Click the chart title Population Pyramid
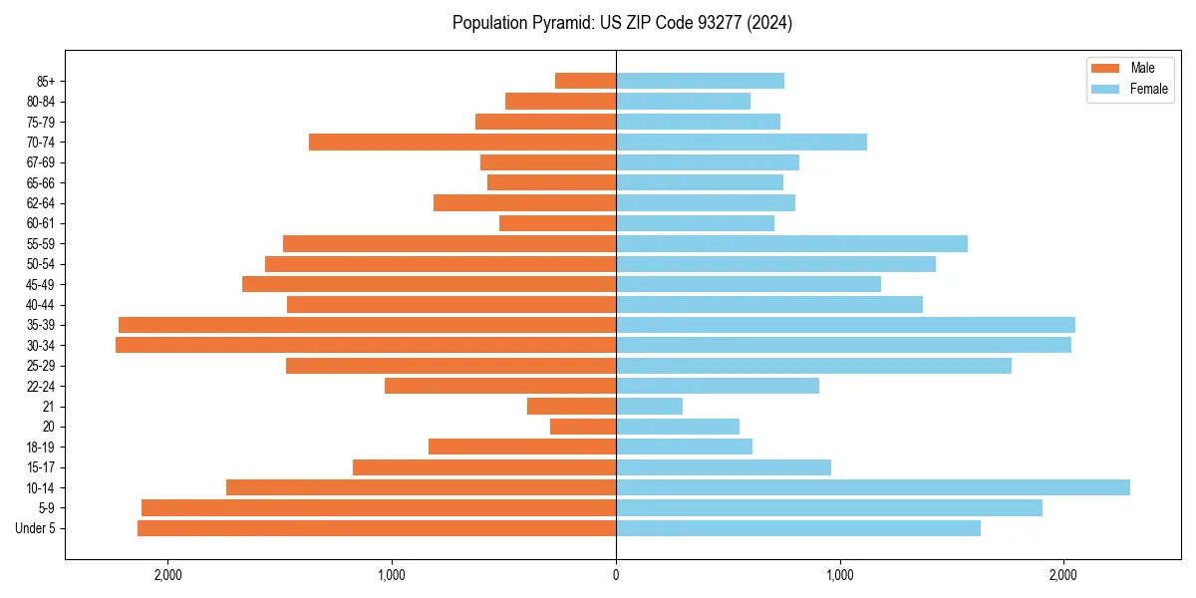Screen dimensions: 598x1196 pyautogui.click(x=622, y=23)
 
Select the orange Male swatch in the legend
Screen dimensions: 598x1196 pyautogui.click(x=1105, y=68)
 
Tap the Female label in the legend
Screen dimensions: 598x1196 pyautogui.click(x=1148, y=89)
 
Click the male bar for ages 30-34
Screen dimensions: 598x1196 pyautogui.click(x=366, y=345)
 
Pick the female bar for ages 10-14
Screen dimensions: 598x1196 pyautogui.click(x=873, y=487)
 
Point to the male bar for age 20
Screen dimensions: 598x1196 pyautogui.click(x=583, y=427)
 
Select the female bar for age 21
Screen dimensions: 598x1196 pyautogui.click(x=650, y=406)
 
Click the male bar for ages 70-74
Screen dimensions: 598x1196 pyautogui.click(x=462, y=142)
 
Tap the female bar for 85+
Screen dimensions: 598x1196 pyautogui.click(x=701, y=81)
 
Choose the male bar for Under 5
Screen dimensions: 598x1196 pyautogui.click(x=377, y=528)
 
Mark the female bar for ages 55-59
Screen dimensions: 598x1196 pyautogui.click(x=792, y=243)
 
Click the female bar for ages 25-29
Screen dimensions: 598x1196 pyautogui.click(x=814, y=366)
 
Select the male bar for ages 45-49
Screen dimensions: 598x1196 pyautogui.click(x=429, y=284)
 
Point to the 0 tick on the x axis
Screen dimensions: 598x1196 pyautogui.click(x=616, y=574)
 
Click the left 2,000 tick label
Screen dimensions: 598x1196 pyautogui.click(x=166, y=574)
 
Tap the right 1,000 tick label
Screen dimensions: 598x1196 pyautogui.click(x=840, y=574)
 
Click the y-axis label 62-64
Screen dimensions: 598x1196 pyautogui.click(x=40, y=203)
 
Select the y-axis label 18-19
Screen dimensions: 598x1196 pyautogui.click(x=40, y=447)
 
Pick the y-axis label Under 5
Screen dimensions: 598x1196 pyautogui.click(x=35, y=528)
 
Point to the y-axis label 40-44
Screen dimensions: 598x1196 pyautogui.click(x=40, y=305)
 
